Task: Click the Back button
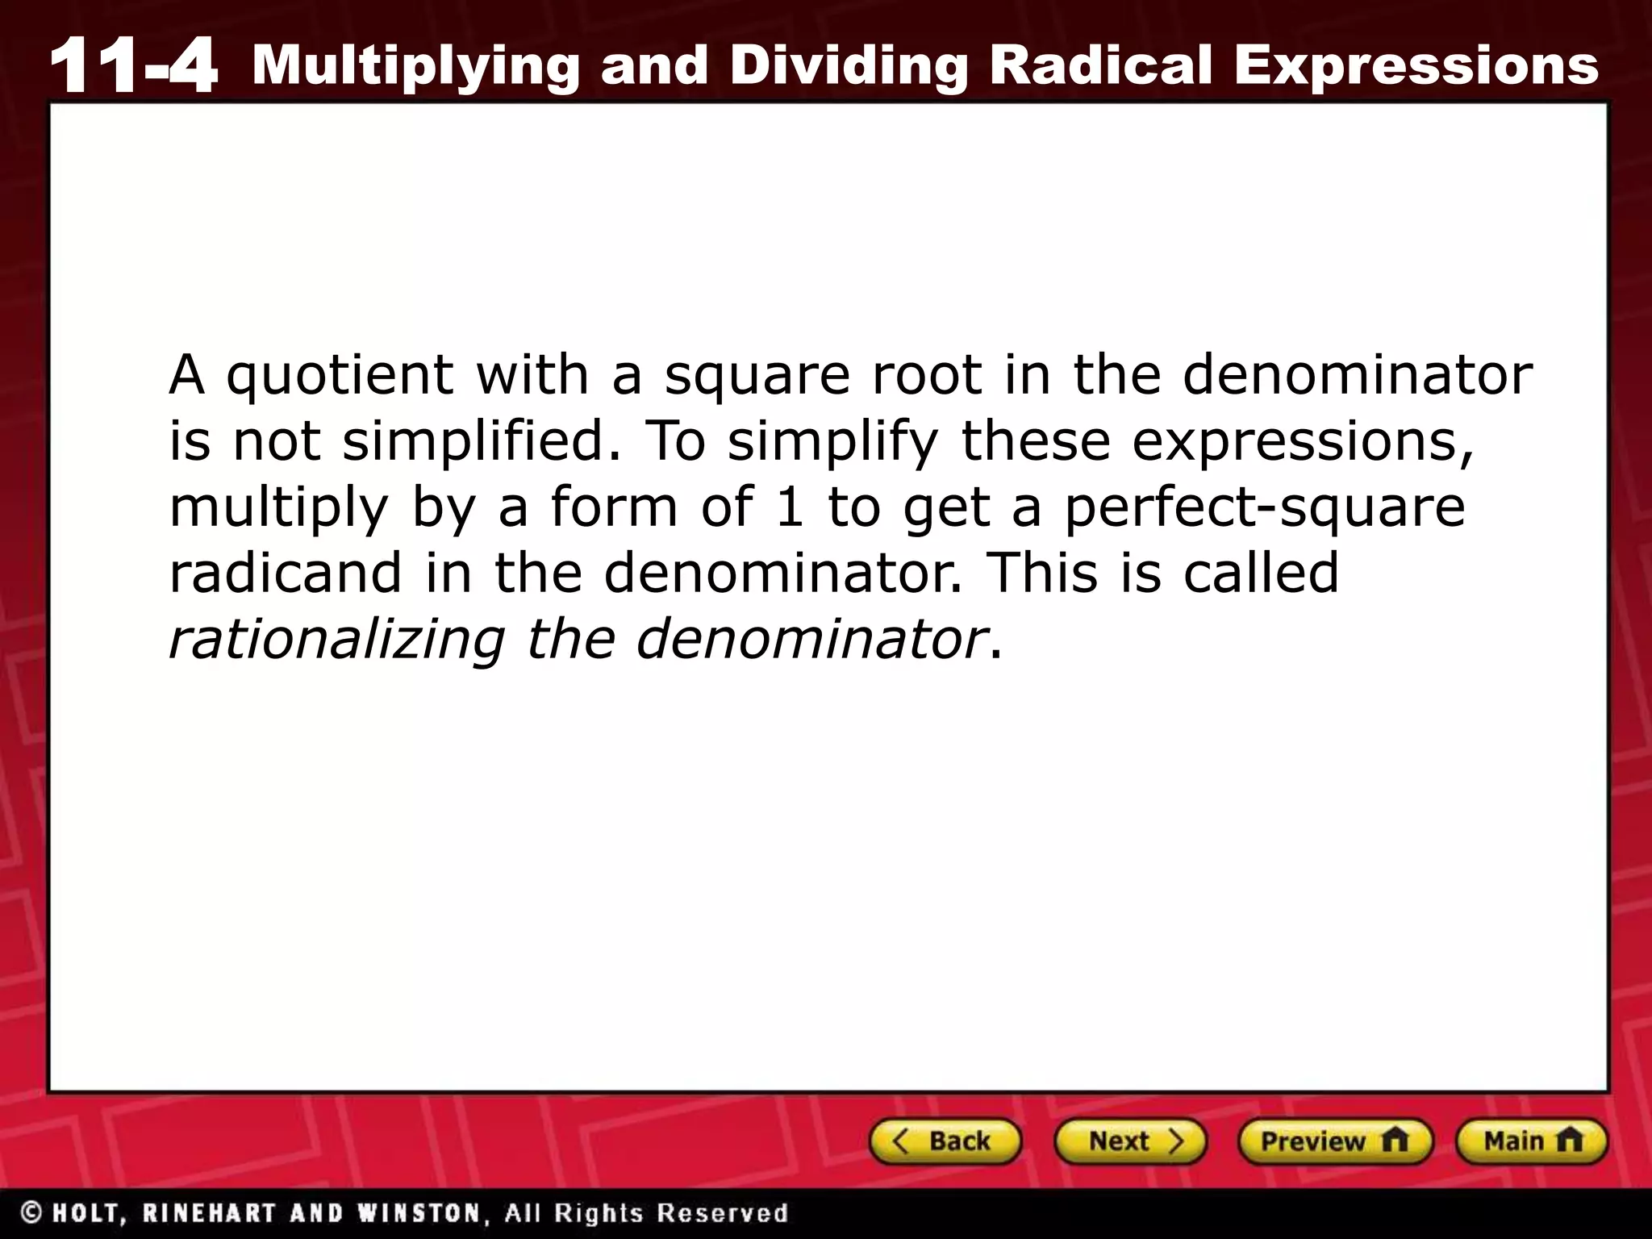945,1141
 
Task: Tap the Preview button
1334,1141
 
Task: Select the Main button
1531,1141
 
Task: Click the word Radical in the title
1101,65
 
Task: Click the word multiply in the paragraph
279,508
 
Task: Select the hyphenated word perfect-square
1264,508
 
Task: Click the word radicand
286,573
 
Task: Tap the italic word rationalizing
336,640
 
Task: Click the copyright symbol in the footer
32,1213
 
